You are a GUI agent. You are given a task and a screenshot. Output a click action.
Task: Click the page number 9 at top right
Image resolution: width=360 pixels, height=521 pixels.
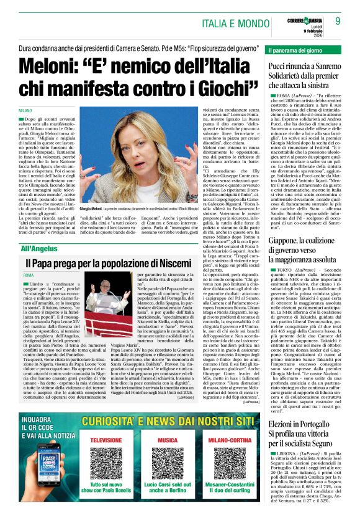tap(338, 20)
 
